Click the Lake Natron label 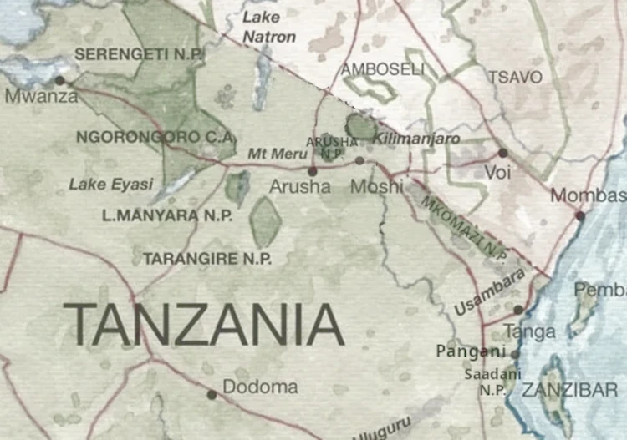pos(269,27)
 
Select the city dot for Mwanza pos(59,80)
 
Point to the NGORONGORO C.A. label pos(155,136)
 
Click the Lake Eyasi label pos(111,184)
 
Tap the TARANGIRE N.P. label pos(207,259)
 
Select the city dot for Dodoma pos(212,393)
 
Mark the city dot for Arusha pos(313,170)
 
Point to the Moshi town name pos(376,186)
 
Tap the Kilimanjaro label pos(418,139)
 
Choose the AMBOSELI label pos(382,69)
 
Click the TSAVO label pos(515,77)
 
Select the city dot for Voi pos(502,153)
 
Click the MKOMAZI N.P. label pos(464,227)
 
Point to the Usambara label pos(490,292)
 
